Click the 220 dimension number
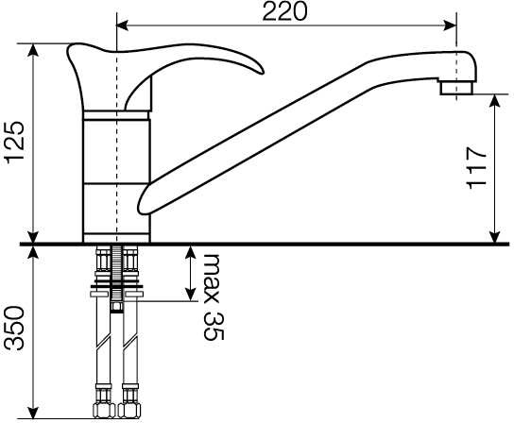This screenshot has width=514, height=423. click(284, 11)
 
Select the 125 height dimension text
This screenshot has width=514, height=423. click(14, 143)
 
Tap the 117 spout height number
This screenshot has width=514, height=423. click(476, 168)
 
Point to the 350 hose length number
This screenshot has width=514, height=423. click(14, 328)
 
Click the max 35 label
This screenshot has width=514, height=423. click(214, 296)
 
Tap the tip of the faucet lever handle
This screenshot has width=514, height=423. click(262, 72)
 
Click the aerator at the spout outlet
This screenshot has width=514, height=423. click(456, 88)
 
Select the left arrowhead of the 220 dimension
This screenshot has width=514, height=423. click(122, 25)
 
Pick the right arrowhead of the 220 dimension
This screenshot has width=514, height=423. click(451, 25)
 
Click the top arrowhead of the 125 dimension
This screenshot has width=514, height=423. click(32, 49)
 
